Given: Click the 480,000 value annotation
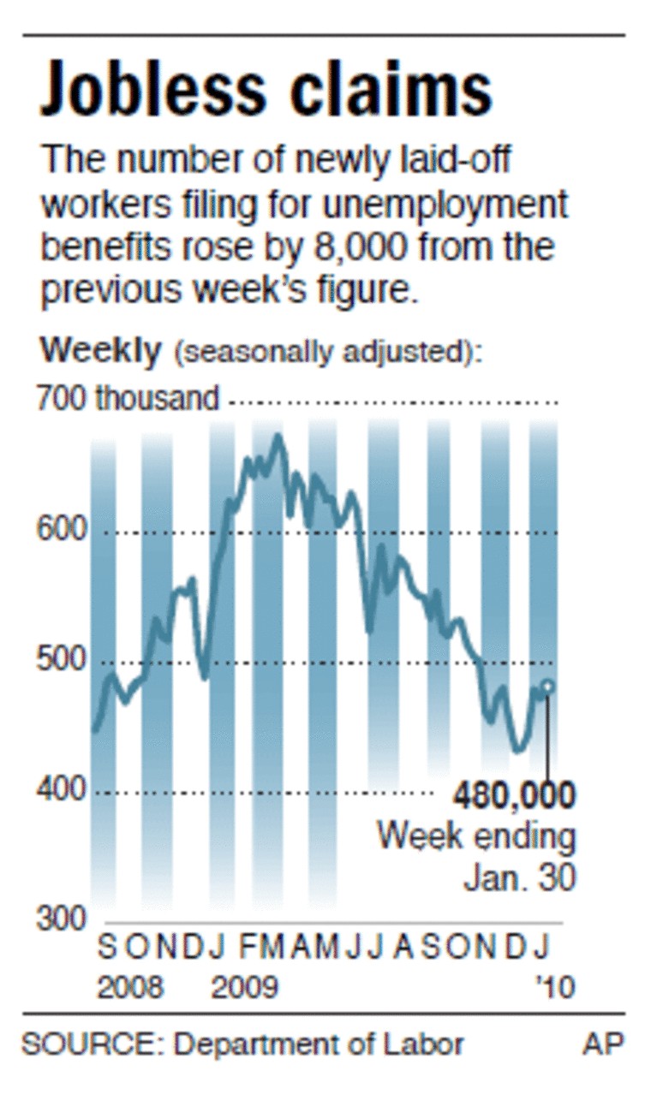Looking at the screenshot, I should coord(514,796).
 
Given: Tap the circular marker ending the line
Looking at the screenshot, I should coord(548,687).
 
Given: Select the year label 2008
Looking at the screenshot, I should coord(129,987).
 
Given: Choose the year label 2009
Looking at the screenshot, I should coord(244,987).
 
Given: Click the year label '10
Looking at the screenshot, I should coord(554,987).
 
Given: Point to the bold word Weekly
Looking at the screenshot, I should coord(100,350).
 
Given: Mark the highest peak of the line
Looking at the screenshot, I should coord(277,437).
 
